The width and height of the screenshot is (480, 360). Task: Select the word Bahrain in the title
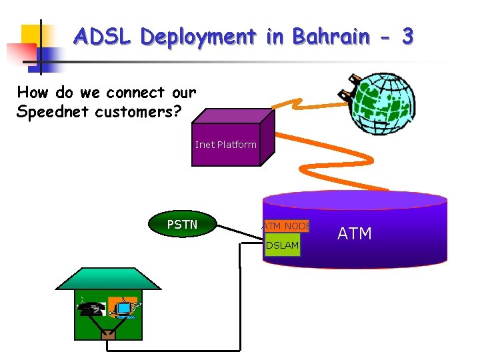coord(327,36)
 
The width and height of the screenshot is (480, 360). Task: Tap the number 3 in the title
coord(407,36)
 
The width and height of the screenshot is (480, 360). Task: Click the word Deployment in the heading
coord(198,37)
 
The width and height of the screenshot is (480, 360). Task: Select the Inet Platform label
coord(225,145)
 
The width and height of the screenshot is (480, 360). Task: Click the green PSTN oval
coord(182,225)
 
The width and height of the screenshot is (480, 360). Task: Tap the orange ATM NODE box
coord(286,227)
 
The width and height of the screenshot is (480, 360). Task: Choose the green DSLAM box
coord(282,245)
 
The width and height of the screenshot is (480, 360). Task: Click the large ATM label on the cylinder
coord(354,233)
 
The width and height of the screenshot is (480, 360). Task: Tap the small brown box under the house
coord(108,335)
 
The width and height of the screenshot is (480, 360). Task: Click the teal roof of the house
coord(107,279)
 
